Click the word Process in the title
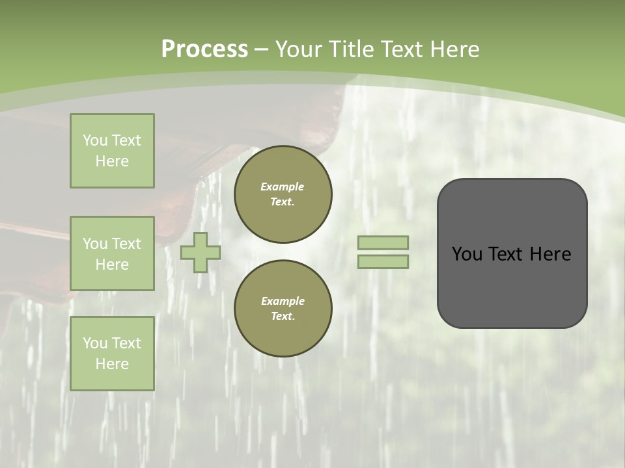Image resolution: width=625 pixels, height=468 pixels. tap(204, 49)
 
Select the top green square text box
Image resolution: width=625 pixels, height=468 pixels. tap(112, 151)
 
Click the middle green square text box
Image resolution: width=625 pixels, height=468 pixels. tap(112, 253)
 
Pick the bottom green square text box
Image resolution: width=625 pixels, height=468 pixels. tap(112, 353)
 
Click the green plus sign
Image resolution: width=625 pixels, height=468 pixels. tap(201, 252)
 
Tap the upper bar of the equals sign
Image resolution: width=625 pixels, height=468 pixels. tap(383, 242)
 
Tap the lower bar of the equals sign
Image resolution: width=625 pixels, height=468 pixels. tap(383, 261)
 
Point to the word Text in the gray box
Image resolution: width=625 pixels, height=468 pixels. tap(511, 254)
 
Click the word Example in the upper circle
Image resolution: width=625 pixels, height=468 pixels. tap(283, 187)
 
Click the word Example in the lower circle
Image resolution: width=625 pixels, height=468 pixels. tap(283, 301)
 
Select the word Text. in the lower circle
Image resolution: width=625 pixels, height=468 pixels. tap(283, 316)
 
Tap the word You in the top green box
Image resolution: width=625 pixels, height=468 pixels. tap(95, 140)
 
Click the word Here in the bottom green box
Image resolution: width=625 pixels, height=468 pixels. tap(112, 364)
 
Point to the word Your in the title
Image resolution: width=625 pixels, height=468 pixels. tap(299, 49)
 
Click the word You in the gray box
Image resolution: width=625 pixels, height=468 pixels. tap(467, 254)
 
